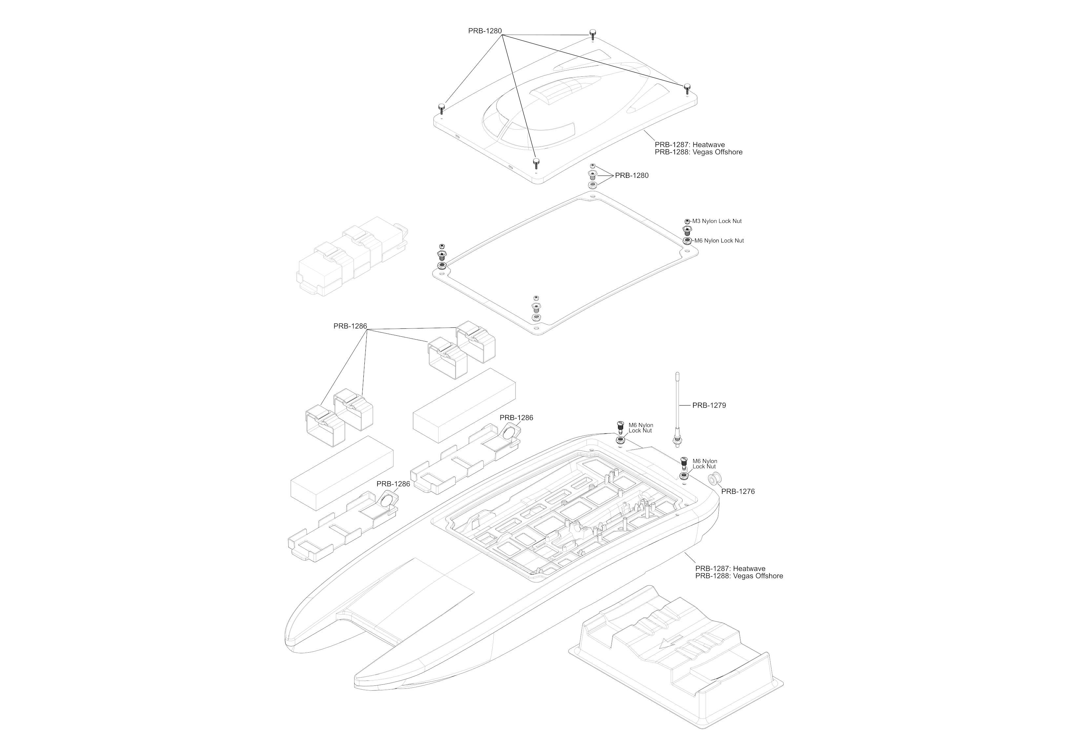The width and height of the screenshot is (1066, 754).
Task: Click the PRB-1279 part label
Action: (x=709, y=406)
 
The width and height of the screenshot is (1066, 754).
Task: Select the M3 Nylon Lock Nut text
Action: (x=717, y=221)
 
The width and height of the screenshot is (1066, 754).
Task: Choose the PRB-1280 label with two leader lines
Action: (x=631, y=176)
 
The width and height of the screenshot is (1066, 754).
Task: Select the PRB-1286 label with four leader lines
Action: (x=350, y=326)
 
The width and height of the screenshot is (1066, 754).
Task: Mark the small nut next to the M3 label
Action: (x=687, y=221)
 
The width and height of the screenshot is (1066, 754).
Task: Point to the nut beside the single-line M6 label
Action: (x=686, y=241)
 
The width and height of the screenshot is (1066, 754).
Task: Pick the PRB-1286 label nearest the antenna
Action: (x=516, y=418)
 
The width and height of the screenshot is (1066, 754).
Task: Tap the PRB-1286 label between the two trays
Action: (x=393, y=484)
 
